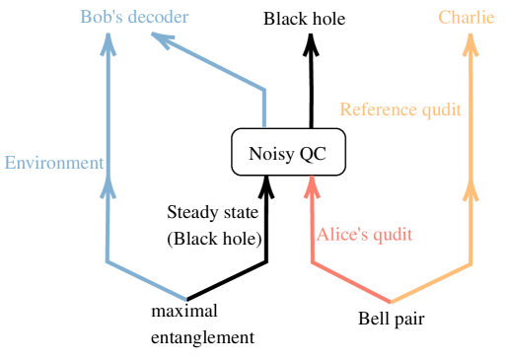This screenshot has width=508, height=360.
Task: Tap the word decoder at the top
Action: pos(157,17)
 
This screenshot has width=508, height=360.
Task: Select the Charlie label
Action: pos(466,17)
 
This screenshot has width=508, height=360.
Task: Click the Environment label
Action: pos(53,163)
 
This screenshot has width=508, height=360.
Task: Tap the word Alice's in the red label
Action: pos(342,235)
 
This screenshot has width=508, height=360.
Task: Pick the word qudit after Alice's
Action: pos(392,235)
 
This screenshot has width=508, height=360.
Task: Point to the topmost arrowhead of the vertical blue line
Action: pos(108,45)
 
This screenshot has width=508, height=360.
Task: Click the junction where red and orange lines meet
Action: pos(392,303)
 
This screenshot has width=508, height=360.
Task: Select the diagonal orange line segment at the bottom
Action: pos(432,283)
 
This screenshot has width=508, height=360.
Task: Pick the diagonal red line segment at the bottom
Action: pos(351,283)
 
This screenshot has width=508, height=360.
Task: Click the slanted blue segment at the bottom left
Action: pos(146,280)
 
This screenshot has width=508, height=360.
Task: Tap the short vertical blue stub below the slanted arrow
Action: pos(264,108)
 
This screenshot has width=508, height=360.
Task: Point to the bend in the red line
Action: pos(312,262)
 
